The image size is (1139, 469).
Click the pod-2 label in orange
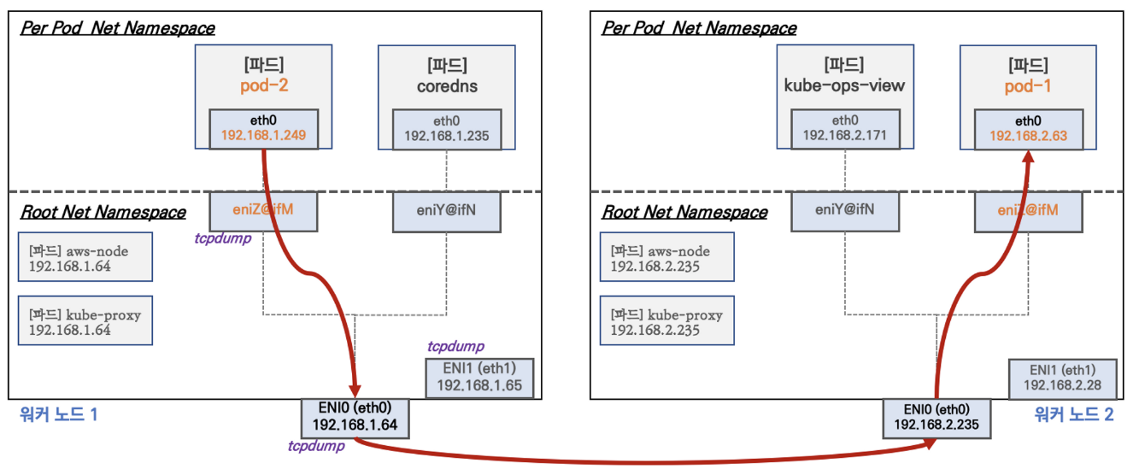(262, 87)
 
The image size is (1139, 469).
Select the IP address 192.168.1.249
(263, 135)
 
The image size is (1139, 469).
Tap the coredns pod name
(447, 87)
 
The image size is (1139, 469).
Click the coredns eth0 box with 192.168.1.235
(447, 127)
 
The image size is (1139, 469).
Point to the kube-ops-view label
(844, 87)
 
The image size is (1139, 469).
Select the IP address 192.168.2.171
(844, 135)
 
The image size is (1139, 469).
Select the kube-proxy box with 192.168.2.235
(666, 321)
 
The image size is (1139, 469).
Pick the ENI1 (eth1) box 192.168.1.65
(479, 378)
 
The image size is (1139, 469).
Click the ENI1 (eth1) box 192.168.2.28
(1061, 378)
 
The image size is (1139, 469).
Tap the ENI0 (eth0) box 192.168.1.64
(355, 416)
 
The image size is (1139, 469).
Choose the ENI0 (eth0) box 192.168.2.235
(937, 416)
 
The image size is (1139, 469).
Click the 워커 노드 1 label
(59, 416)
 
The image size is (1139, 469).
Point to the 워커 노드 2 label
(1073, 416)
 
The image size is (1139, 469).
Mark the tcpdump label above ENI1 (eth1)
(455, 347)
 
